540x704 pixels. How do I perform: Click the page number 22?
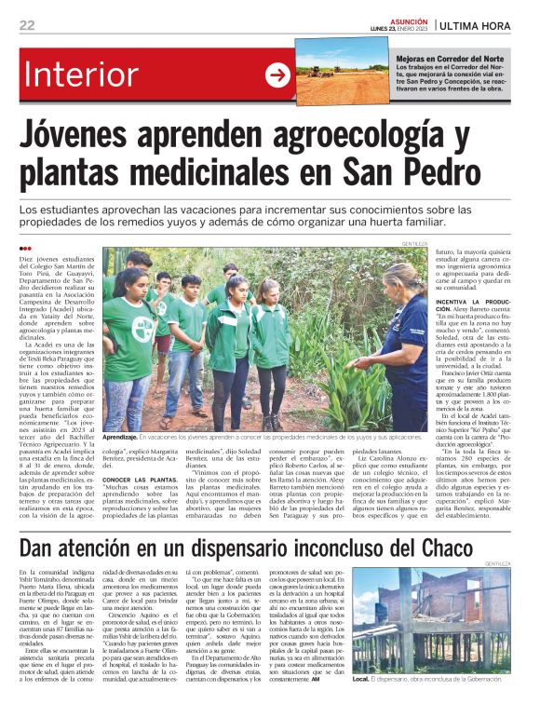tap(27, 25)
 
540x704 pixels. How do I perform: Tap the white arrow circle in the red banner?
tap(278, 75)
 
